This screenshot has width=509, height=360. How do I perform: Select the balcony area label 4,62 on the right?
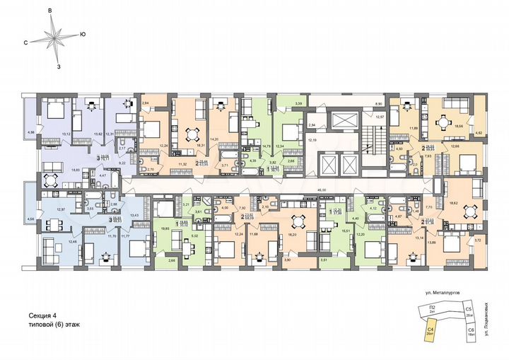(x=477, y=132)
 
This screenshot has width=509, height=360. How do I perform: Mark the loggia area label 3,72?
(x=477, y=241)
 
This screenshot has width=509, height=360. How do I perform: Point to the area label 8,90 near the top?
(x=378, y=103)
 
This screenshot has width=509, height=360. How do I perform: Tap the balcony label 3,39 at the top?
(x=279, y=104)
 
